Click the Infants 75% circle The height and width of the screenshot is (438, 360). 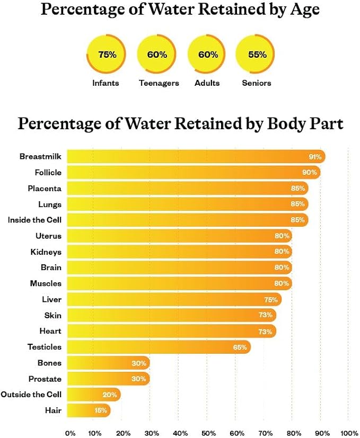(106, 54)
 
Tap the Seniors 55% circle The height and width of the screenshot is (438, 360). (255, 54)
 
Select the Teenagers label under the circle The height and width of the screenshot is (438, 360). (159, 83)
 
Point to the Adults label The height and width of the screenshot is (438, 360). (207, 83)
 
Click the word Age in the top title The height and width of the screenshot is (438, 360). (305, 10)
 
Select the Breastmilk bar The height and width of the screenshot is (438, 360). (196, 156)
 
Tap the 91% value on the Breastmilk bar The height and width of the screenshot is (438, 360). (315, 157)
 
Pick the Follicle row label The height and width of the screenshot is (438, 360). (48, 172)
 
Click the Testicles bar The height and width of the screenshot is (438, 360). (159, 347)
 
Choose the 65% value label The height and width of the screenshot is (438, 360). (240, 347)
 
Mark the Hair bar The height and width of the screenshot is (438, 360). (89, 410)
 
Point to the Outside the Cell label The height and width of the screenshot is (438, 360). (31, 395)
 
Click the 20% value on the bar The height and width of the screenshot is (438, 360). (110, 395)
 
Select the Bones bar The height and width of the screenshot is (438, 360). (108, 363)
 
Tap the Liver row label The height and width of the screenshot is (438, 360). (52, 299)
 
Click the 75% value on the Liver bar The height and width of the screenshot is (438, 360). (271, 300)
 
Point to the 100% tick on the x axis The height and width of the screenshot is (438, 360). (349, 433)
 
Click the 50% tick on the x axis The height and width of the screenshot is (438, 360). (208, 433)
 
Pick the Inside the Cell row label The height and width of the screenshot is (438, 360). (34, 220)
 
